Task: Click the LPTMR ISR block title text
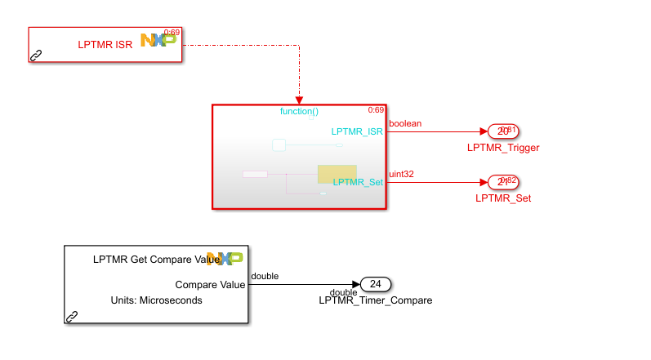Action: [106, 44]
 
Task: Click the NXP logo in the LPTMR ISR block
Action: [158, 39]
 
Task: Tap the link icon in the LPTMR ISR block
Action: [36, 56]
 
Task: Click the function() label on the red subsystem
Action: [299, 111]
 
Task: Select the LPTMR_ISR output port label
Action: [357, 131]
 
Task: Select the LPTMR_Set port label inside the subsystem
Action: [358, 182]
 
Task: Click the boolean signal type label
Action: [405, 123]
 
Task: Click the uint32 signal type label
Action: [402, 174]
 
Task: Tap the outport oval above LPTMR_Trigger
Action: [502, 131]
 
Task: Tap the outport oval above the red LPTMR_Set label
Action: [502, 182]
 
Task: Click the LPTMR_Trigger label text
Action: [503, 148]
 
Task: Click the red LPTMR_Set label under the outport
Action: [503, 198]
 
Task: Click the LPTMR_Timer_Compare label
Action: [375, 300]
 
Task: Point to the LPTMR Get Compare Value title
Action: [155, 260]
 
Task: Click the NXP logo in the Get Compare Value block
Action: [225, 259]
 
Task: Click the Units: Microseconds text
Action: [156, 300]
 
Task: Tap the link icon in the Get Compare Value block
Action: [72, 316]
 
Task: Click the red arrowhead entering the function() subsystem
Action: [299, 100]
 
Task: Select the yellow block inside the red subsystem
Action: [337, 173]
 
